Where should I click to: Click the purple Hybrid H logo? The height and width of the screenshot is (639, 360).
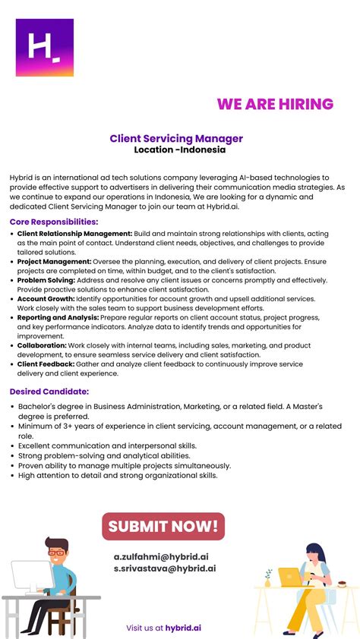click(x=45, y=47)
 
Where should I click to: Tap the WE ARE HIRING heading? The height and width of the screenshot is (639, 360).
click(x=275, y=105)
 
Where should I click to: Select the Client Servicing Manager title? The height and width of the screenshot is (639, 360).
click(x=176, y=139)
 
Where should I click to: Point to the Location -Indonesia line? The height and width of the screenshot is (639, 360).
click(x=180, y=150)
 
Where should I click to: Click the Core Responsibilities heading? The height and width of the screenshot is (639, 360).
click(x=54, y=222)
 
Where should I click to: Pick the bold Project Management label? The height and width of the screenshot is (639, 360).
click(x=54, y=262)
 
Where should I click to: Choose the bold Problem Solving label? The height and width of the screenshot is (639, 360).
click(x=46, y=280)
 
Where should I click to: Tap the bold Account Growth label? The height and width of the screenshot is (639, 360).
click(x=46, y=299)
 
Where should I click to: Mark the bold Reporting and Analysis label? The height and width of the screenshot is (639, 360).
click(x=58, y=318)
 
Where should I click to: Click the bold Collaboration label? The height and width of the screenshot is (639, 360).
click(x=42, y=345)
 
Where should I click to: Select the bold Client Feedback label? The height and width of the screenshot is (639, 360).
click(x=46, y=364)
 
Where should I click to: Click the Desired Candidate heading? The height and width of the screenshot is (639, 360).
click(x=49, y=392)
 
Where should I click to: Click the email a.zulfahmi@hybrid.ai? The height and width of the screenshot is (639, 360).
click(x=161, y=556)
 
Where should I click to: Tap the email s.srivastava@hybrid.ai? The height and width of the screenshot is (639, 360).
click(x=164, y=568)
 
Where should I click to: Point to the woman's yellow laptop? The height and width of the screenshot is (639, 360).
click(x=290, y=578)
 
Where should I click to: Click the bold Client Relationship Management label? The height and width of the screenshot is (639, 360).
click(x=74, y=234)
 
